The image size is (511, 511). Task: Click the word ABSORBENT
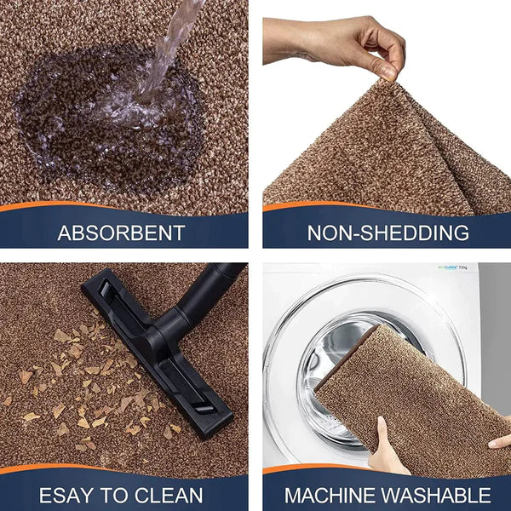point(121,233)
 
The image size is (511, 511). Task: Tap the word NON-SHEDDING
point(388,233)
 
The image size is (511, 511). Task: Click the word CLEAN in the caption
point(169,496)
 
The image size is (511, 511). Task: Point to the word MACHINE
point(329,496)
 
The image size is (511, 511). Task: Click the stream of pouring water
point(166,49)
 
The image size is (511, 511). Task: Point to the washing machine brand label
point(453,268)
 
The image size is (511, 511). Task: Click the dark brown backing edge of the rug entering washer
point(346,355)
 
